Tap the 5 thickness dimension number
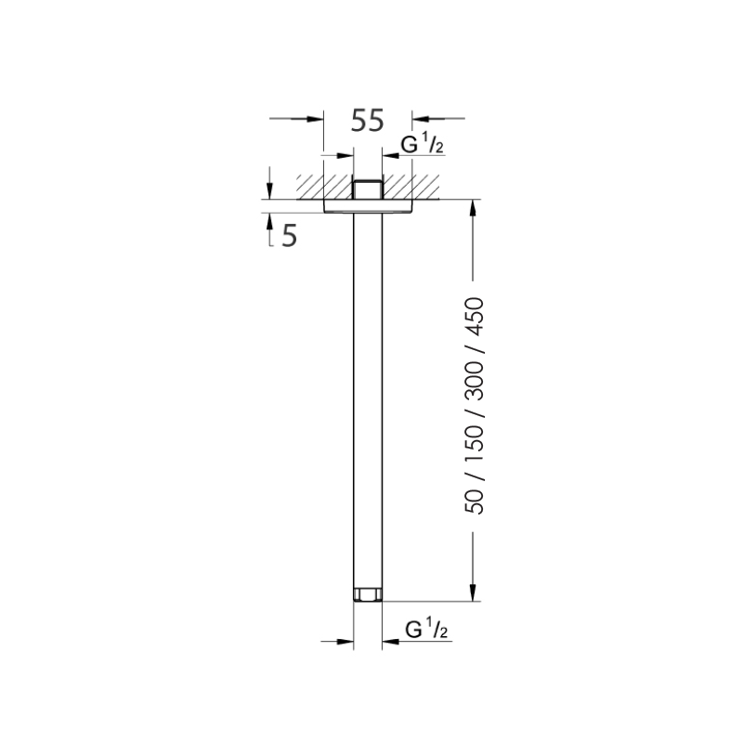click(x=289, y=236)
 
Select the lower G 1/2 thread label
click(x=427, y=631)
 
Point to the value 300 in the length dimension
click(x=476, y=376)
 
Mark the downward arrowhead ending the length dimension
click(x=474, y=593)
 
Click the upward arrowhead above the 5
click(x=269, y=222)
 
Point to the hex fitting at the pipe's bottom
click(x=368, y=594)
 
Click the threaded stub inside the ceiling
click(x=368, y=188)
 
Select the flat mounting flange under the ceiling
click(x=368, y=206)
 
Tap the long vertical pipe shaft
click(x=368, y=399)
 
